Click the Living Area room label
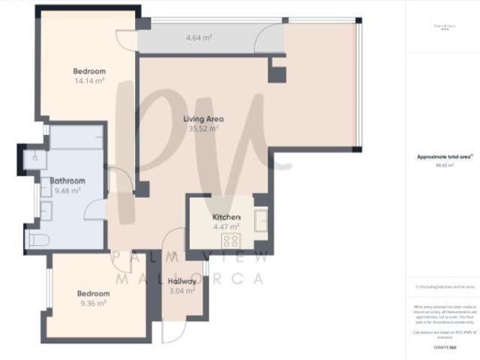tap(204, 118)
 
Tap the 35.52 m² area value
tap(204, 128)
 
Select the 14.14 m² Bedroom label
tap(88, 70)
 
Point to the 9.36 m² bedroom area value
tap(93, 303)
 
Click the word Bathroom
tap(67, 181)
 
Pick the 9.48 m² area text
tap(67, 190)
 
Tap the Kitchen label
tap(226, 216)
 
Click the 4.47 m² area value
tap(226, 226)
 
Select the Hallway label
tap(182, 281)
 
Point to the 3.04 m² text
tap(182, 291)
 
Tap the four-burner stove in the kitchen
tap(231, 241)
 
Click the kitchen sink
tap(260, 220)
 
